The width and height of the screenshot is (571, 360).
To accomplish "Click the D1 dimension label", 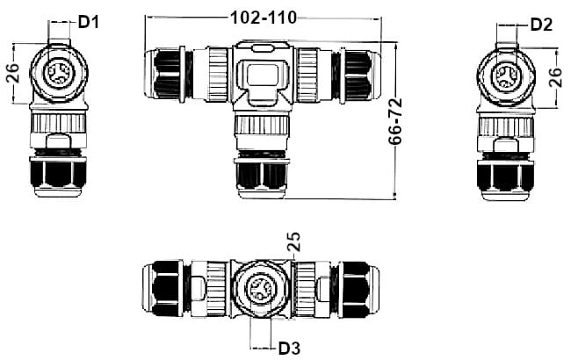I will (x=90, y=21).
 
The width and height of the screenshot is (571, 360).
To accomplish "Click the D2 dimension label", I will (x=541, y=24).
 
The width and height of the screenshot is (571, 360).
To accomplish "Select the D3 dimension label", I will (x=289, y=348).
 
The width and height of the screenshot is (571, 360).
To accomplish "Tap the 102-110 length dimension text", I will (x=263, y=18).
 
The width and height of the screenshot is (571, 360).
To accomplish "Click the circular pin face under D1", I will (x=59, y=73).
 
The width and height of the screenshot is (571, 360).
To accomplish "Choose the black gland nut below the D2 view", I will (x=508, y=175).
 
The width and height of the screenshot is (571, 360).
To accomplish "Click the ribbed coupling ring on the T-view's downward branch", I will (x=261, y=140).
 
